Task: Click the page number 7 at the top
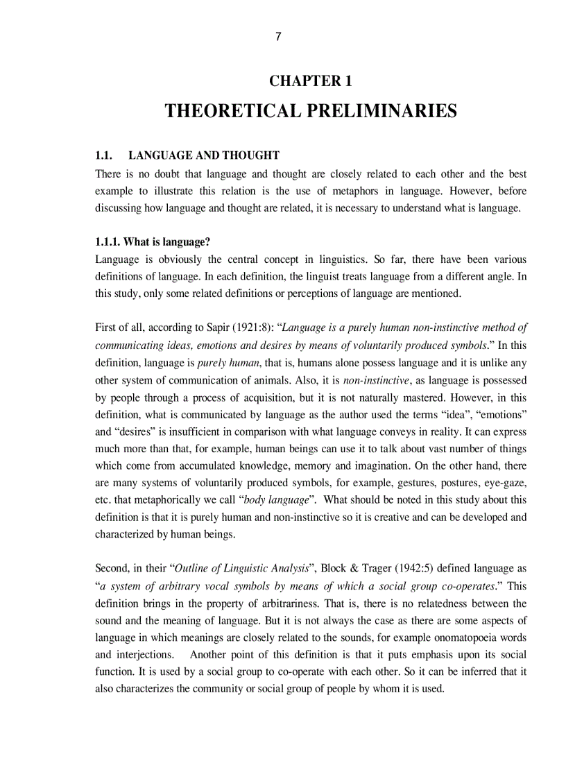click(x=278, y=37)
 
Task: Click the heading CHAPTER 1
click(x=311, y=81)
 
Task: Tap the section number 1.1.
click(x=103, y=155)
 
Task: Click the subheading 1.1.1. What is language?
click(x=153, y=242)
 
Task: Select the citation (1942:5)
click(x=418, y=568)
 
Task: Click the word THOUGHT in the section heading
click(x=252, y=155)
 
